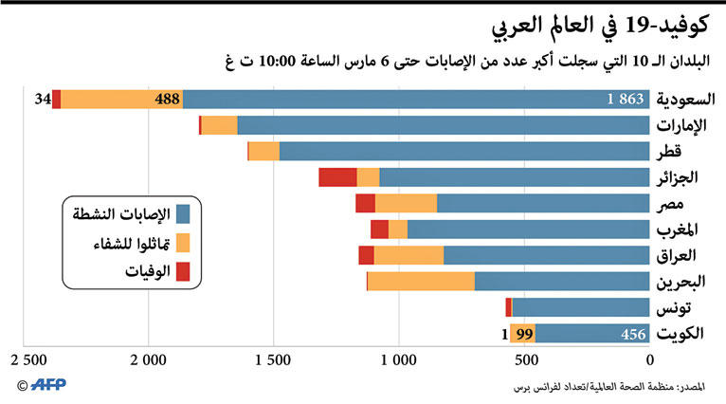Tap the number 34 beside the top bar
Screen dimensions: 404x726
42,100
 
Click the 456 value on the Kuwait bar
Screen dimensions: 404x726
632,333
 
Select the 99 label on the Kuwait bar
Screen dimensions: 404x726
522,333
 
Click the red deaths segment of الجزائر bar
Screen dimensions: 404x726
337,177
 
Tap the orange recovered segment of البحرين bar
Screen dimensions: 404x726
421,281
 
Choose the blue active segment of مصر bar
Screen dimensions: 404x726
543,203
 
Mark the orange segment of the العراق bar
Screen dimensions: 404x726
408,255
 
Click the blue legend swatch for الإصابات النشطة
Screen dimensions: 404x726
183,214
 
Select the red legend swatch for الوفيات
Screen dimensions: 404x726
183,272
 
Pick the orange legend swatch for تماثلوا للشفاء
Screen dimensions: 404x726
183,244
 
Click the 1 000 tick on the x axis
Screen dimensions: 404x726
399,360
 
